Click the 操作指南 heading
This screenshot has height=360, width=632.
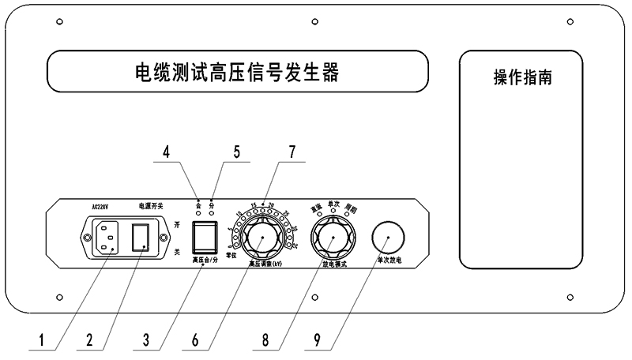522,79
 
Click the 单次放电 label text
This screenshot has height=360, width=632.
392,259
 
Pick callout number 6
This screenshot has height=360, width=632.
196,343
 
